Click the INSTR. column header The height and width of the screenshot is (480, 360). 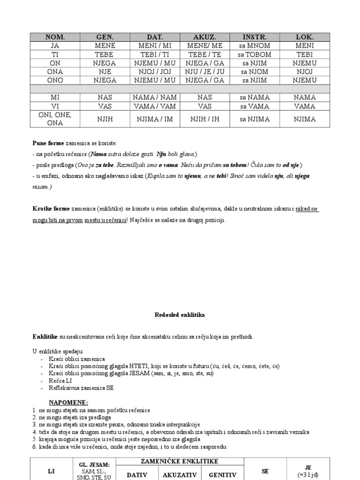click(x=255, y=37)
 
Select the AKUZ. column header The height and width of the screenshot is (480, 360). click(x=205, y=37)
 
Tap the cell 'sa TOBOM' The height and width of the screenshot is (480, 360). click(x=255, y=54)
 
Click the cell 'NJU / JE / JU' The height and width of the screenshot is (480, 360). click(x=205, y=72)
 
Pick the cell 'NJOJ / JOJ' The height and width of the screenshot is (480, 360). click(x=155, y=72)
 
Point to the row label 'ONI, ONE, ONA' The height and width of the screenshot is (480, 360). click(x=55, y=119)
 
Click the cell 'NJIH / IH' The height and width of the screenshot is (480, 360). click(x=205, y=119)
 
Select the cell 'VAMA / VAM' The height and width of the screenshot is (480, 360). click(x=155, y=106)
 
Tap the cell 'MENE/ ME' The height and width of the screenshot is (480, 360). click(x=205, y=45)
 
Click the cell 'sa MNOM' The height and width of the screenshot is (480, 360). click(x=255, y=45)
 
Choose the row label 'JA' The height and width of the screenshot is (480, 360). click(x=55, y=45)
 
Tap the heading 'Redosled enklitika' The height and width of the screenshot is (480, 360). click(x=180, y=315)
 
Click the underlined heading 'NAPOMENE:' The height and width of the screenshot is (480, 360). click(x=68, y=402)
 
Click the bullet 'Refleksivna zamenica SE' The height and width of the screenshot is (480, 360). click(x=81, y=388)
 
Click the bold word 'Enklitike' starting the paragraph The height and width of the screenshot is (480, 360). click(x=45, y=337)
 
